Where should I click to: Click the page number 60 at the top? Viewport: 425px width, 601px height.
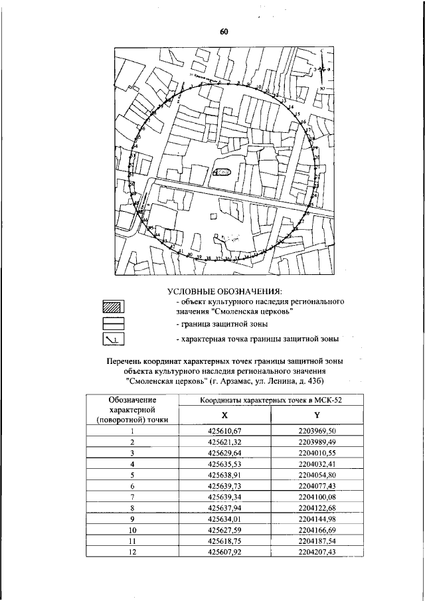pyautogui.click(x=224, y=32)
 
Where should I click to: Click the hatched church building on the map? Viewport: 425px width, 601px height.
pyautogui.click(x=222, y=173)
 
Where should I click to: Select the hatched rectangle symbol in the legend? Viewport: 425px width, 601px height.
pyautogui.click(x=114, y=306)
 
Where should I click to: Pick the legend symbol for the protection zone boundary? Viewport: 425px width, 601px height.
pyautogui.click(x=114, y=324)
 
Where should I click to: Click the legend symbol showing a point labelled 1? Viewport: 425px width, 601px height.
pyautogui.click(x=114, y=340)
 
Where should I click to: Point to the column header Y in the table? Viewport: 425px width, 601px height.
pyautogui.click(x=317, y=414)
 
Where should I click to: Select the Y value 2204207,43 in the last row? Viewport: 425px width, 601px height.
pyautogui.click(x=317, y=551)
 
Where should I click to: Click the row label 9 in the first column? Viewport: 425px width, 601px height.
pyautogui.click(x=132, y=518)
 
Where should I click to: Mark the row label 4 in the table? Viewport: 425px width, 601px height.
pyautogui.click(x=132, y=464)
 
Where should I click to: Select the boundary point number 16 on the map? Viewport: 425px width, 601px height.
pyautogui.click(x=303, y=122)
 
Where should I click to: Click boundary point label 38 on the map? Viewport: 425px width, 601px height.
pyautogui.click(x=209, y=258)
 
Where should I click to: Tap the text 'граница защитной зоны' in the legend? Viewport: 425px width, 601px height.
pyautogui.click(x=222, y=324)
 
